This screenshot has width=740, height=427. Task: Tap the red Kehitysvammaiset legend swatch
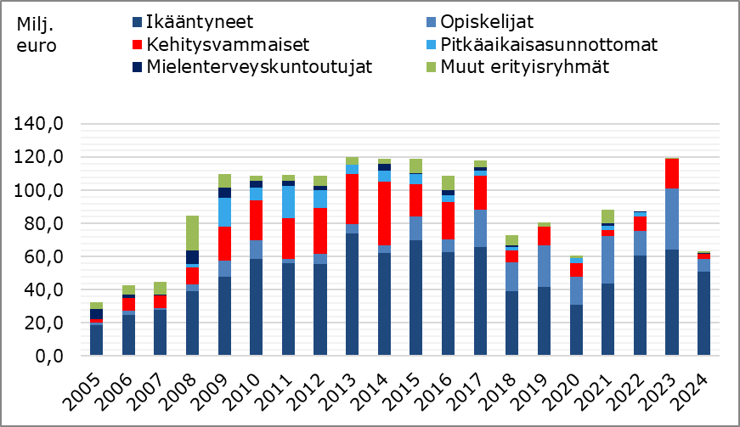(136, 43)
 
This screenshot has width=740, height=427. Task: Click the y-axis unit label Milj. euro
(37, 34)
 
